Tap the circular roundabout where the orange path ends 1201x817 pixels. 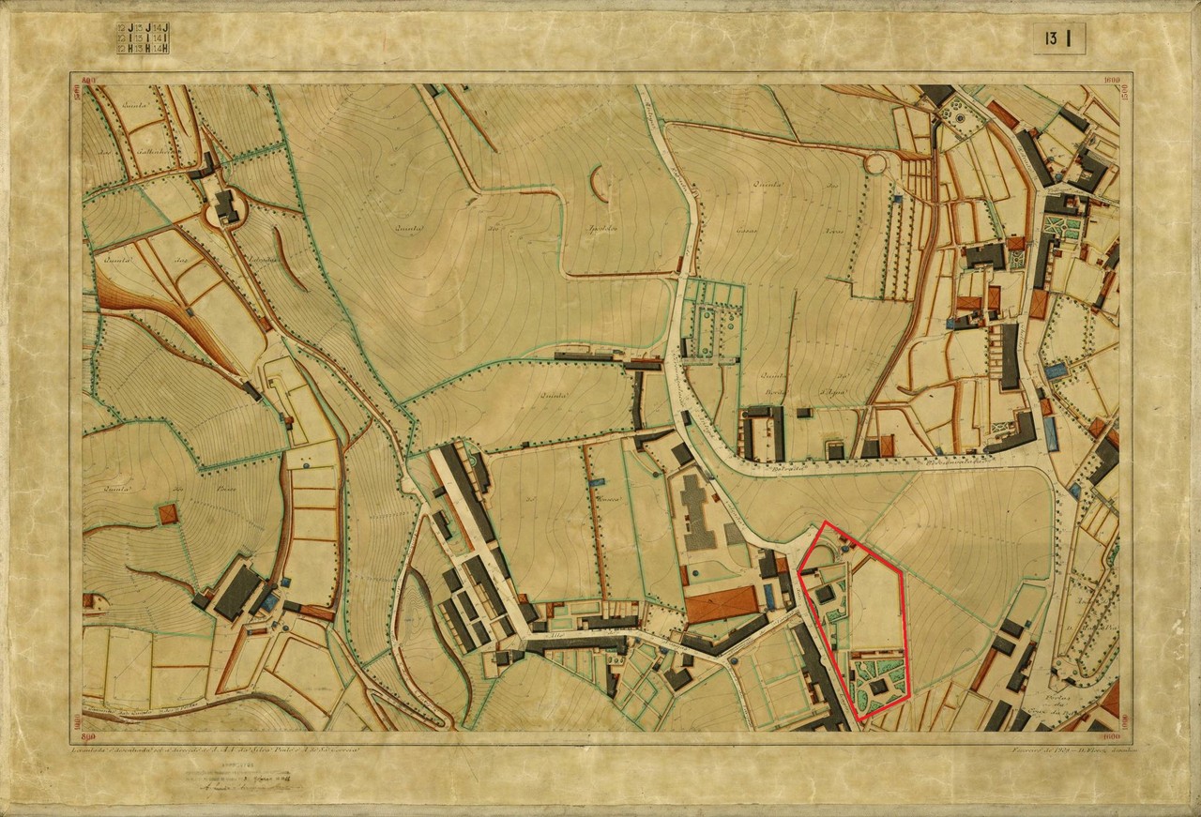(x=874, y=164)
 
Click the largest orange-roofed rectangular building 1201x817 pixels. (x=721, y=604)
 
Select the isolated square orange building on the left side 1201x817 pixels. (x=168, y=514)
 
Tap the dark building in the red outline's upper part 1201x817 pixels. (x=825, y=594)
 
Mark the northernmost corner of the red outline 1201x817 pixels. (x=825, y=522)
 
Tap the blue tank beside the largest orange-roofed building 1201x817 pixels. (x=770, y=595)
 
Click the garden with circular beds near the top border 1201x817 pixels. (x=958, y=115)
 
